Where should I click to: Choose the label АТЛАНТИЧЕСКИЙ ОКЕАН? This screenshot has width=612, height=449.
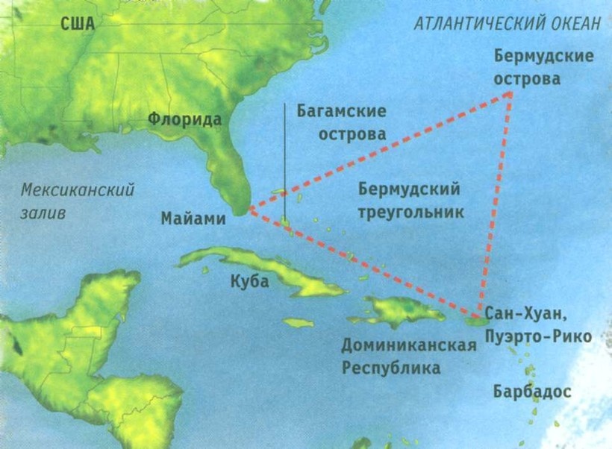[508, 23]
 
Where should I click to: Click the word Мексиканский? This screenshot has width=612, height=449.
[78, 190]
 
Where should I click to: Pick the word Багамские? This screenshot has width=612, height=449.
[341, 112]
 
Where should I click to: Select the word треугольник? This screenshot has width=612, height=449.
[410, 212]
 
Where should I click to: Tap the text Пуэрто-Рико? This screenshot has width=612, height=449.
[538, 336]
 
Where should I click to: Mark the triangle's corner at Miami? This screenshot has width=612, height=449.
[249, 210]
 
